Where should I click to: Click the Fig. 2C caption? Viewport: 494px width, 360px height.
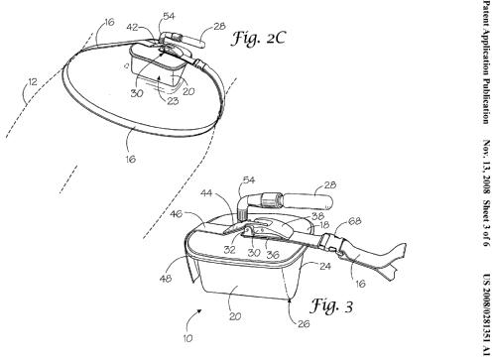click(x=258, y=38)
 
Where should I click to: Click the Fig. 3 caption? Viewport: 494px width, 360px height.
click(x=331, y=305)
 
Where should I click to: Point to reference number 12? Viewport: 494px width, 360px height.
click(x=33, y=81)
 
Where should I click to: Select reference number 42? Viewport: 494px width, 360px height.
click(x=132, y=28)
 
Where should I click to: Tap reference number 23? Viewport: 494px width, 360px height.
click(x=173, y=100)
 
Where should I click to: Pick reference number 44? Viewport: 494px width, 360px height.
click(x=206, y=192)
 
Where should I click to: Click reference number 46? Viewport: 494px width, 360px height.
click(x=177, y=214)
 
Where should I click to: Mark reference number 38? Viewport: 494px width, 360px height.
click(x=317, y=216)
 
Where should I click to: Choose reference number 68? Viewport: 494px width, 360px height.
click(x=355, y=221)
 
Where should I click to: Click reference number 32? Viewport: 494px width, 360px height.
click(x=230, y=250)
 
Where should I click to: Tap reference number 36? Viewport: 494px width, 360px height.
click(x=273, y=254)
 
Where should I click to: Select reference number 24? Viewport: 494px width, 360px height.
click(x=324, y=266)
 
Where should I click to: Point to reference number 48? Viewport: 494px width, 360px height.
click(x=166, y=279)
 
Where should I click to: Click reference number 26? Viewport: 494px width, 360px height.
click(x=304, y=323)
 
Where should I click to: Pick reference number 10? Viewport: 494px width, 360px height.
click(x=187, y=338)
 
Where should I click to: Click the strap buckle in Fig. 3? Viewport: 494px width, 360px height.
click(x=331, y=245)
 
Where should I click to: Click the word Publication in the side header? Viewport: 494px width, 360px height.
click(x=486, y=100)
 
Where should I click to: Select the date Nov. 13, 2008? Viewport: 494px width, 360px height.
click(x=486, y=168)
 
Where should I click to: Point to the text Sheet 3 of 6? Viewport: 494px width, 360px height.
click(x=486, y=222)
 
